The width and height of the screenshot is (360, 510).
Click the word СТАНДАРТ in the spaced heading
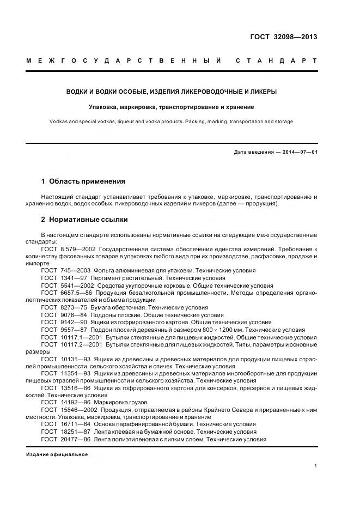[x=276, y=61]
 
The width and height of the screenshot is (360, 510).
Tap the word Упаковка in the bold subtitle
[x=105, y=107]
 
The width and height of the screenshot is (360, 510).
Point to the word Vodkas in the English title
[x=58, y=122]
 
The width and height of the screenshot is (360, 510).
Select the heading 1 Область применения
[x=83, y=181]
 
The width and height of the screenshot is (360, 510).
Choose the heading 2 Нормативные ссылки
[x=84, y=220]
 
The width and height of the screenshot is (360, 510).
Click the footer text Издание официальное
[x=57, y=454]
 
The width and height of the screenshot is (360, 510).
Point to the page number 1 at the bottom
[x=315, y=466]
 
